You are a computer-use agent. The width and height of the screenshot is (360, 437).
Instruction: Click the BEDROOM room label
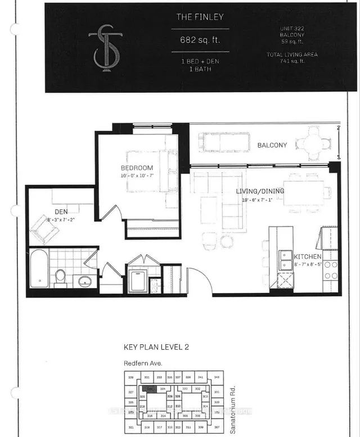(137, 168)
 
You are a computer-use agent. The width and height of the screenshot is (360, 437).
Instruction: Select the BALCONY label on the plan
(272, 145)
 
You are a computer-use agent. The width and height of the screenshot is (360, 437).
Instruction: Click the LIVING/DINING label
(260, 191)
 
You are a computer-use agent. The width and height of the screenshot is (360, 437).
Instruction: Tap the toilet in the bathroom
(60, 277)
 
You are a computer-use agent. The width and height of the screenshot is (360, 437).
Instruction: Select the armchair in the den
(42, 227)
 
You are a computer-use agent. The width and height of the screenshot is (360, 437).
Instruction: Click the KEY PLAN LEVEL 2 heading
(156, 348)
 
